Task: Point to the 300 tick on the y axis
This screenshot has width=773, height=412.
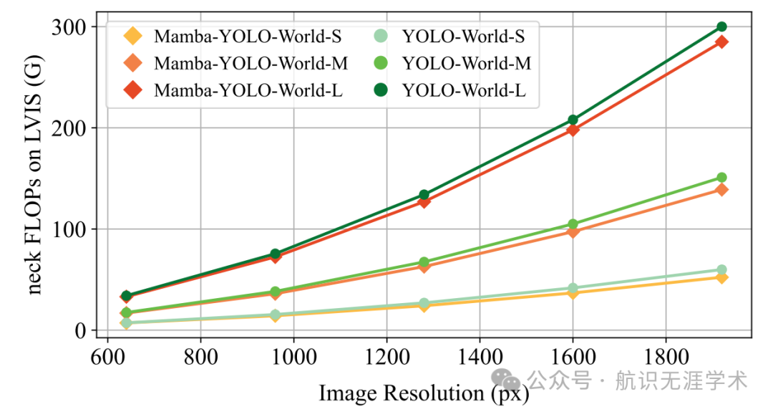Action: pos(70,27)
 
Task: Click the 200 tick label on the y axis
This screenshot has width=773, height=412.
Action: pos(70,128)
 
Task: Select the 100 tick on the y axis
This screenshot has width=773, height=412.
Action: pos(70,229)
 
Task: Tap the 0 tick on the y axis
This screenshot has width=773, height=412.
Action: pos(79,331)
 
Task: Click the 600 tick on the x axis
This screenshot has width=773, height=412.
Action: pos(107,356)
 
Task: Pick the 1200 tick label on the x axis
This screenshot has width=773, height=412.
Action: pos(386,356)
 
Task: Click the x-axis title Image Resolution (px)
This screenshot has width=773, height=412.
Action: pos(423,393)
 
